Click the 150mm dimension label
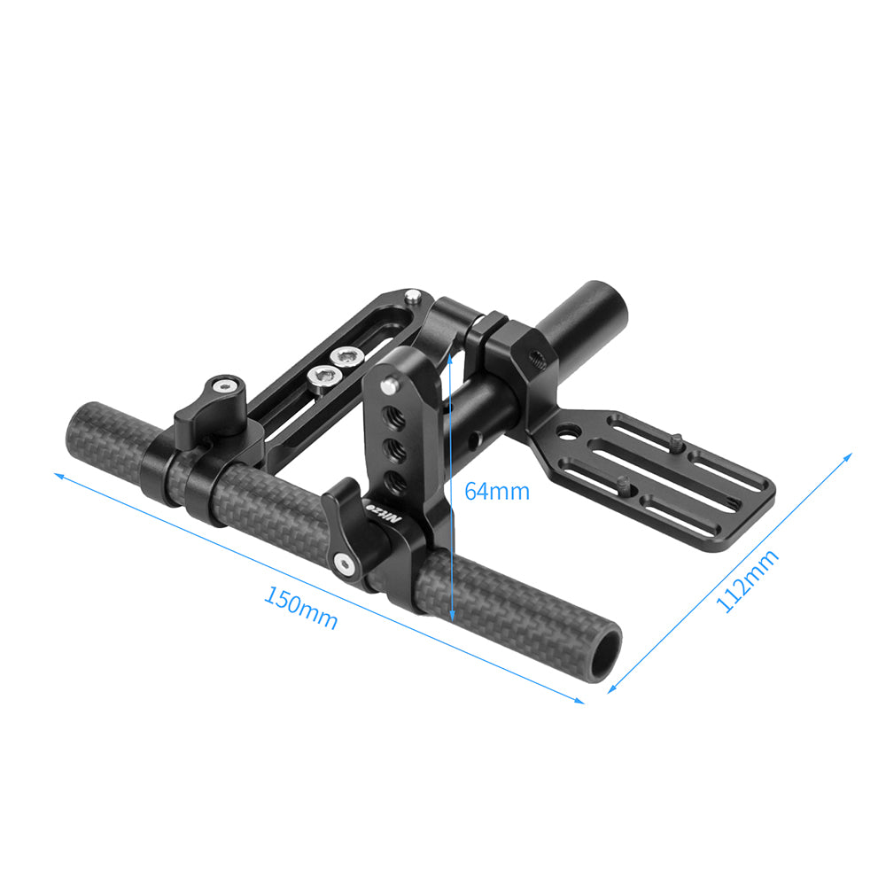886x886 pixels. [x=300, y=608]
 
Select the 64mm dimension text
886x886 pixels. [x=496, y=491]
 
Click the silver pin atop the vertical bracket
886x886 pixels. [x=387, y=385]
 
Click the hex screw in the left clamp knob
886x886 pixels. [x=228, y=386]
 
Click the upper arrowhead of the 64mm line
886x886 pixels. [x=452, y=353]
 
